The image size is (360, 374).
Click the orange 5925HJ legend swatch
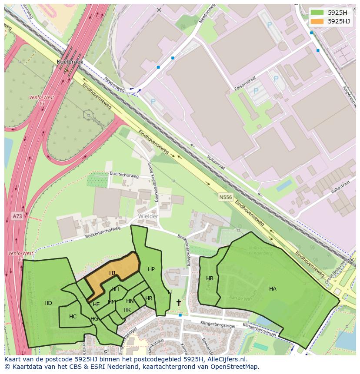317,21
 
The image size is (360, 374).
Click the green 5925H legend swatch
317,13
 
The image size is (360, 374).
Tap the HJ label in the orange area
112,273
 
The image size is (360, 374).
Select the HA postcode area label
273,289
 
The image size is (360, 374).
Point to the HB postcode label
210,278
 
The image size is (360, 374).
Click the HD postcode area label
48,303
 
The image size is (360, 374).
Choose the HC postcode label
73,317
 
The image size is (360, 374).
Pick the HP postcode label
151,269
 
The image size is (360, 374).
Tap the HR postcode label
149,298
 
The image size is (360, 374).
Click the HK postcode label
127,310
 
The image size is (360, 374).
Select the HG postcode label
94,319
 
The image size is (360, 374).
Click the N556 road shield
225,197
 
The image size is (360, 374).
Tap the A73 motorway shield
17,216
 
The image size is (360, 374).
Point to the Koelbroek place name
70,62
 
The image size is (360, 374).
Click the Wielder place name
148,216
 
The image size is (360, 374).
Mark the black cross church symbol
179,302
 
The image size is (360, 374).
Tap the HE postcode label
96,304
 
